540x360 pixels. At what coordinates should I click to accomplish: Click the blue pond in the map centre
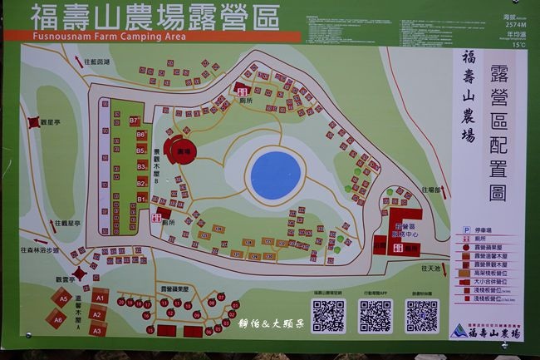coord(275,173)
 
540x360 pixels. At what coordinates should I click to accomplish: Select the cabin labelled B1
coord(141,199)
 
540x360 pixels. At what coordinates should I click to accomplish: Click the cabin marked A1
coord(100,295)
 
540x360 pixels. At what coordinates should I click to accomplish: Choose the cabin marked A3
coord(97,330)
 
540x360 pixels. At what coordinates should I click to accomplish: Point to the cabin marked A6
coord(57,318)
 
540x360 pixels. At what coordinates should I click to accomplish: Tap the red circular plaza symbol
coord(179,150)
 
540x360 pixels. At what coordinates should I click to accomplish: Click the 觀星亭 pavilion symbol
coord(34,121)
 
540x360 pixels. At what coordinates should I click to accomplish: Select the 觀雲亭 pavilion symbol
coord(80,273)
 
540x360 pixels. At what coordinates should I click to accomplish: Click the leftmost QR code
coord(328,316)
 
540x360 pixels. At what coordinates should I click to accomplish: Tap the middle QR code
coord(375,316)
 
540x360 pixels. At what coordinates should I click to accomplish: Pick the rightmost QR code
coord(422,316)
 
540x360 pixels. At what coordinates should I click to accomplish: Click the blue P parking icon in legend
coord(467,229)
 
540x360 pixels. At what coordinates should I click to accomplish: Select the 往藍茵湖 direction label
coord(97,62)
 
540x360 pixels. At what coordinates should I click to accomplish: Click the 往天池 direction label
coord(430,269)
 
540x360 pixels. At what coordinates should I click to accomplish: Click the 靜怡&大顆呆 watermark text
coord(272,323)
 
